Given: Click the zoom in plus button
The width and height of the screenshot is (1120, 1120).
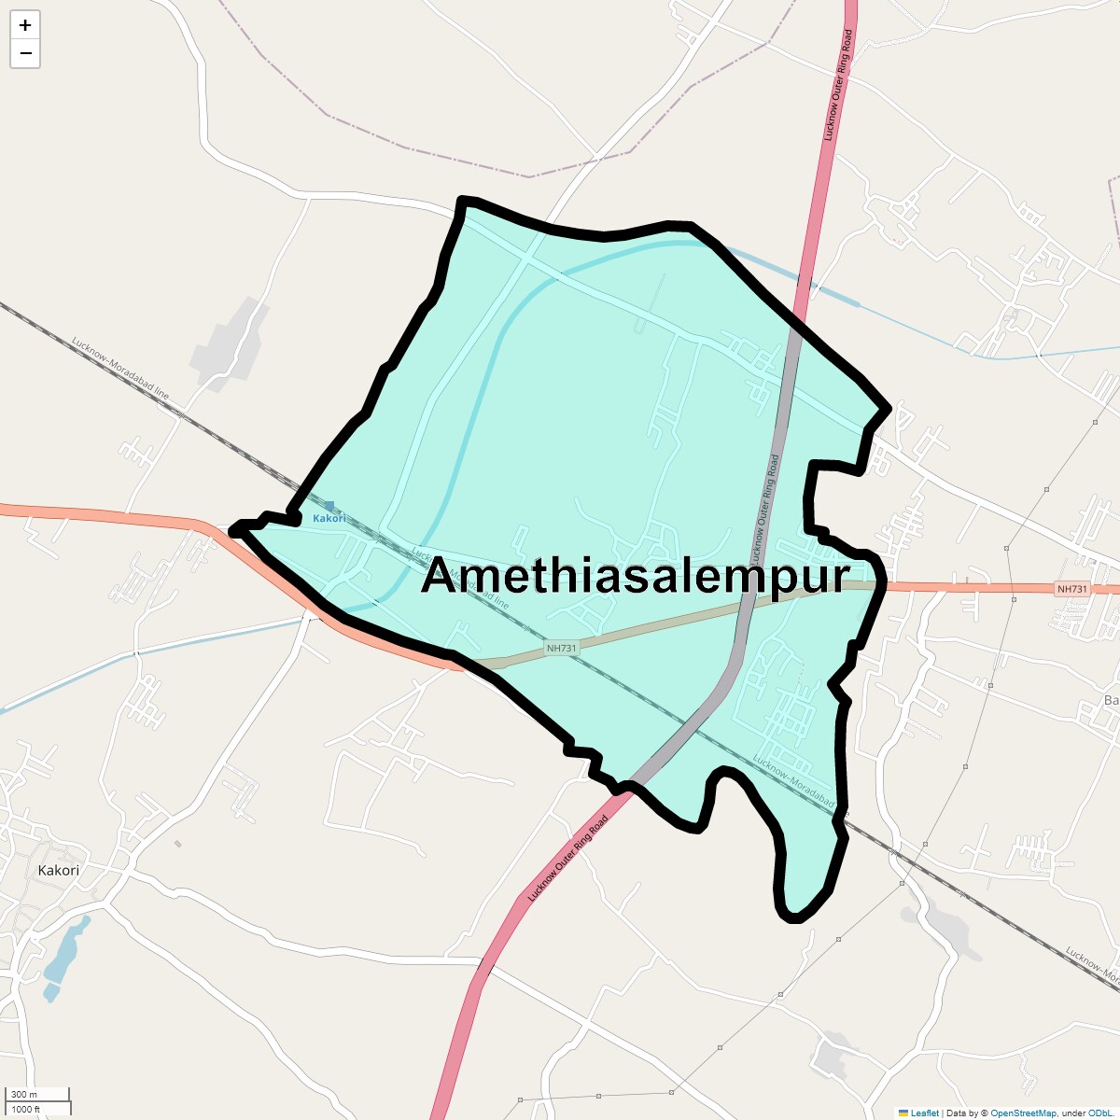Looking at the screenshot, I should (x=25, y=25).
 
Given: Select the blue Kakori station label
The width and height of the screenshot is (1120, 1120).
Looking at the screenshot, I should (x=329, y=518).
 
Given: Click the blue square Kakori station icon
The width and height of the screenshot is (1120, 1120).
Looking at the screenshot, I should (x=329, y=506).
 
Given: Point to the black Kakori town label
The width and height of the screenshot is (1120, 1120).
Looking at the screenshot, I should (x=58, y=870).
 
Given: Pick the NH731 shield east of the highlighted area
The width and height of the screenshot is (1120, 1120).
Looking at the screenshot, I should (x=1071, y=589).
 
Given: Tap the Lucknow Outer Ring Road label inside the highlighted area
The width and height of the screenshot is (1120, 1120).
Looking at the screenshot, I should (x=764, y=503).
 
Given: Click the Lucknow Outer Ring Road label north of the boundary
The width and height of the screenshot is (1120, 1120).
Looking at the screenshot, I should (x=837, y=86).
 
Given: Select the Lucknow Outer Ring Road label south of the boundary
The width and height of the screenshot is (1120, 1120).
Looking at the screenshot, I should (x=567, y=859).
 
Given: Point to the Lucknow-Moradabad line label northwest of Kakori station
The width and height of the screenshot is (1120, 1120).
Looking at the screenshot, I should (x=120, y=369).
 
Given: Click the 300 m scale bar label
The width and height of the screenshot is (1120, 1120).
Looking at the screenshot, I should (x=24, y=1094).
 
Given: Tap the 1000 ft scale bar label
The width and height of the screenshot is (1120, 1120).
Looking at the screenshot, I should (x=26, y=1109).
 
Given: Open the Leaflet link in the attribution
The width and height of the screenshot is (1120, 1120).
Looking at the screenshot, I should (x=924, y=1113).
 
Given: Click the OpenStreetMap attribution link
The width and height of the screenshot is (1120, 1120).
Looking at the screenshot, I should (x=1023, y=1113).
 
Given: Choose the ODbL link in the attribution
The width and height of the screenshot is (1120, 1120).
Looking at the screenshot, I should (x=1099, y=1113).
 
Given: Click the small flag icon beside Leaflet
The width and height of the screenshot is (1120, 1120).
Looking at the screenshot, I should (x=903, y=1113).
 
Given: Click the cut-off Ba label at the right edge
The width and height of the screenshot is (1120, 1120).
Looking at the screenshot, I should (x=1111, y=700).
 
